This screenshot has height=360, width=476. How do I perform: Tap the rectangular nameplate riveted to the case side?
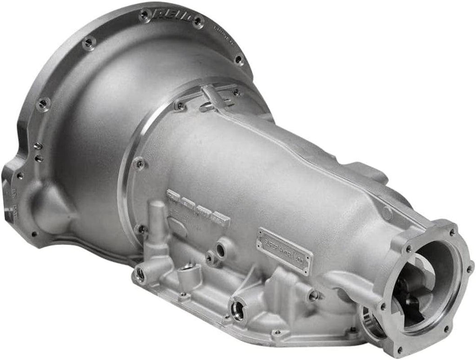(x=285, y=251)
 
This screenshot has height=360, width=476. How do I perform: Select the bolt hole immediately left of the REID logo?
(x=144, y=16)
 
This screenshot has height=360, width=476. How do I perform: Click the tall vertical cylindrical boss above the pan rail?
(x=158, y=219)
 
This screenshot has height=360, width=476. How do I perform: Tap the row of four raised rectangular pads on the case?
(x=198, y=207)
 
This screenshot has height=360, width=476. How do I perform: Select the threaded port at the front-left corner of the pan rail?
(x=139, y=274)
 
